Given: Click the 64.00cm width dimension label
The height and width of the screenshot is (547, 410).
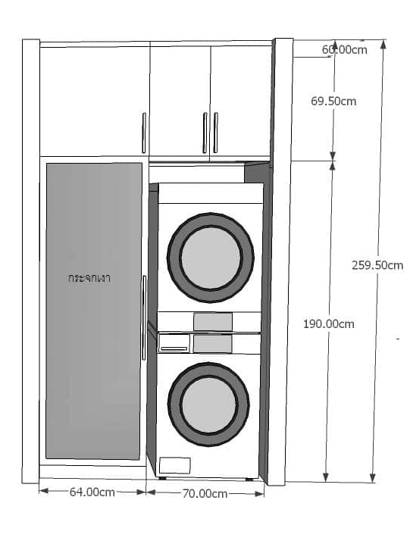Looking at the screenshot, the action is (x=92, y=492).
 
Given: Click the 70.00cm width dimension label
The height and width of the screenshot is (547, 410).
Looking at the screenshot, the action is (x=205, y=494).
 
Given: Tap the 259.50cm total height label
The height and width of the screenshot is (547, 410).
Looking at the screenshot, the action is (x=377, y=265).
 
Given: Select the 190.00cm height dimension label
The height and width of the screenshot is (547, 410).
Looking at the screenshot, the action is (x=328, y=324).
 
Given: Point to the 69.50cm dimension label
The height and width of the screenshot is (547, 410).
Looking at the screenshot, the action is (x=333, y=102).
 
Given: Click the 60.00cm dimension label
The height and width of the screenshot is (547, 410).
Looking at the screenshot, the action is (x=344, y=50).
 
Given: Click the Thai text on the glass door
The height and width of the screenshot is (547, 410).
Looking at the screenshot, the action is (x=89, y=278).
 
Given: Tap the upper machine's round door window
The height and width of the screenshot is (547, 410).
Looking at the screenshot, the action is (x=211, y=258).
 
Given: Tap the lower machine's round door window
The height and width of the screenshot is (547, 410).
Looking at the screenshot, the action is (x=208, y=405).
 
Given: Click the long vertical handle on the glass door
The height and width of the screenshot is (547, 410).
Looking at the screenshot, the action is (x=144, y=317).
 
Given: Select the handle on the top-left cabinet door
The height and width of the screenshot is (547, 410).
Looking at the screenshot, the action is (x=144, y=133).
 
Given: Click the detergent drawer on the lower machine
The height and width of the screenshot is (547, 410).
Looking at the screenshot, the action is (x=174, y=344).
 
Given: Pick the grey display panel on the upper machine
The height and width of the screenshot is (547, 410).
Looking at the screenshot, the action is (x=213, y=321).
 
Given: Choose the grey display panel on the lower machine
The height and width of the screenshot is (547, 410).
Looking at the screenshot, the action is (x=212, y=344).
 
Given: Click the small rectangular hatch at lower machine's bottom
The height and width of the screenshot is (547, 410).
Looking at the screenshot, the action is (x=175, y=465).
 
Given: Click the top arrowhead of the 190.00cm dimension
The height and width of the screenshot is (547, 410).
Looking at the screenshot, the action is (x=332, y=166).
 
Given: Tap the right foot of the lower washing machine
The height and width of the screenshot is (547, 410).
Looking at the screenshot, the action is (x=249, y=480).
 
